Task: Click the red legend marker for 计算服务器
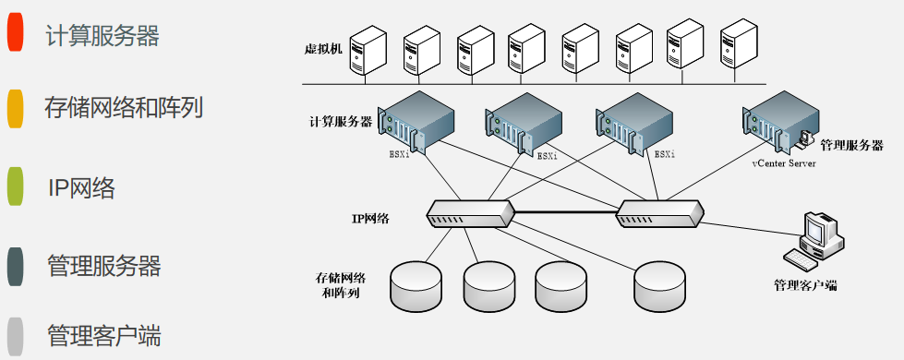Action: (x=15, y=31)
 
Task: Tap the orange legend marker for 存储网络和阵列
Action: (x=15, y=108)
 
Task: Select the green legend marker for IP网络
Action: (x=15, y=186)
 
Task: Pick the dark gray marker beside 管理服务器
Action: (x=15, y=266)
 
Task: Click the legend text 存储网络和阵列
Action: (x=124, y=108)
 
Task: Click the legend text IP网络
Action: (x=82, y=188)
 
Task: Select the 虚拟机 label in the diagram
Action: (x=323, y=49)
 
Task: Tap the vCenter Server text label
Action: (x=784, y=163)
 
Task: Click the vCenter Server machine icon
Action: (x=782, y=123)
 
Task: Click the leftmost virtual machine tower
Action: (x=368, y=51)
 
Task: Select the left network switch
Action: (x=470, y=214)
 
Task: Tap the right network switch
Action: (x=659, y=214)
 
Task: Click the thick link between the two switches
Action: (x=565, y=212)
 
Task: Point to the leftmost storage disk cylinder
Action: (x=416, y=286)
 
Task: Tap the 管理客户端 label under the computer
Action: (x=805, y=285)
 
